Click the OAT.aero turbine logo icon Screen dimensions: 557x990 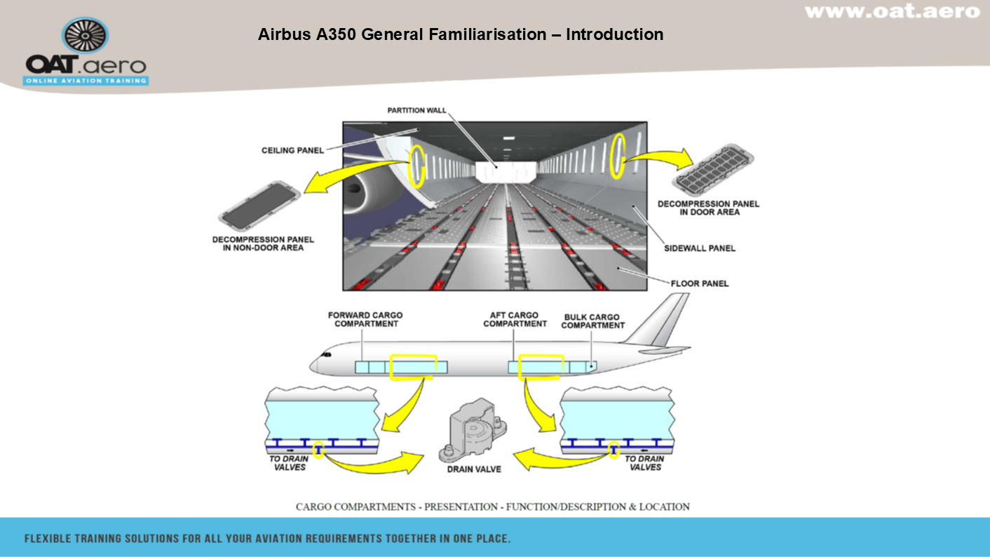point(86,35)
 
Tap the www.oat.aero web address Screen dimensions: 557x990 point(892,11)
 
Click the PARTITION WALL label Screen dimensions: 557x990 point(416,111)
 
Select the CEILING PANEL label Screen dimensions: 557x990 point(292,150)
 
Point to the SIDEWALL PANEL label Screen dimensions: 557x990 point(699,248)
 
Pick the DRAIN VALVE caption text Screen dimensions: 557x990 point(474,469)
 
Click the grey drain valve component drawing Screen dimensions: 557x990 point(471,429)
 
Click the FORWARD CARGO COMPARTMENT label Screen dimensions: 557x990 point(365,320)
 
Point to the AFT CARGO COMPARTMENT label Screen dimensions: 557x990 point(515,320)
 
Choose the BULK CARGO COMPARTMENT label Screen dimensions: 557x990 point(592,321)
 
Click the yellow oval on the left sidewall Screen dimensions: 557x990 point(416,166)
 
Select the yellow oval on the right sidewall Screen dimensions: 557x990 point(618,156)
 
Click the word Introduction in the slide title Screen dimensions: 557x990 point(614,34)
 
